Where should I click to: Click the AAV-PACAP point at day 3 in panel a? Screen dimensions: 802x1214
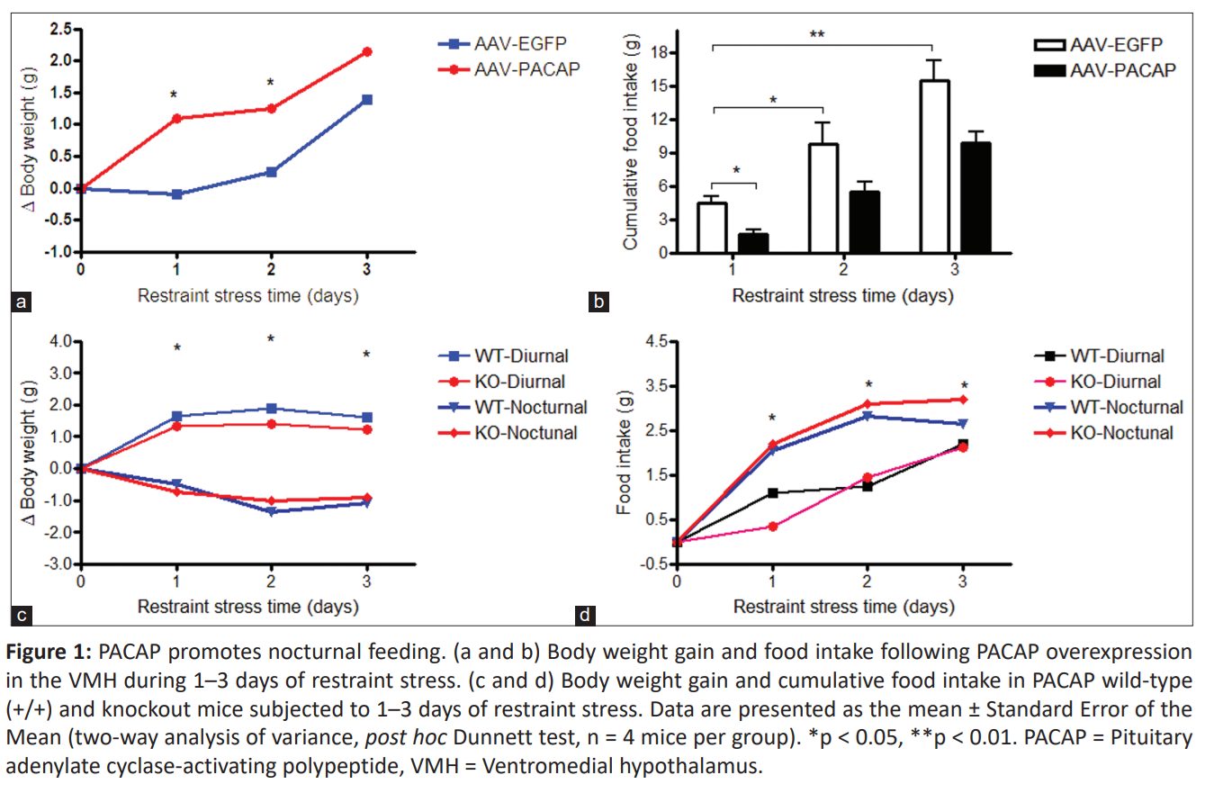tap(366, 51)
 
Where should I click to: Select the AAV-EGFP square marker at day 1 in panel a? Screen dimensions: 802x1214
tap(176, 194)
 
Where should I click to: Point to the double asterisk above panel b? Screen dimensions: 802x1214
tap(816, 35)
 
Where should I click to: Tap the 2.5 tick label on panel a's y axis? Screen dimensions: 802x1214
tap(60, 30)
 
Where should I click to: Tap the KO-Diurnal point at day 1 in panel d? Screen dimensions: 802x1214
tap(772, 526)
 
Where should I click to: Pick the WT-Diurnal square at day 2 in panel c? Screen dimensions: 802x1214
tap(271, 409)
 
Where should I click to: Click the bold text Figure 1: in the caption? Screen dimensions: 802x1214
tap(51, 653)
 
